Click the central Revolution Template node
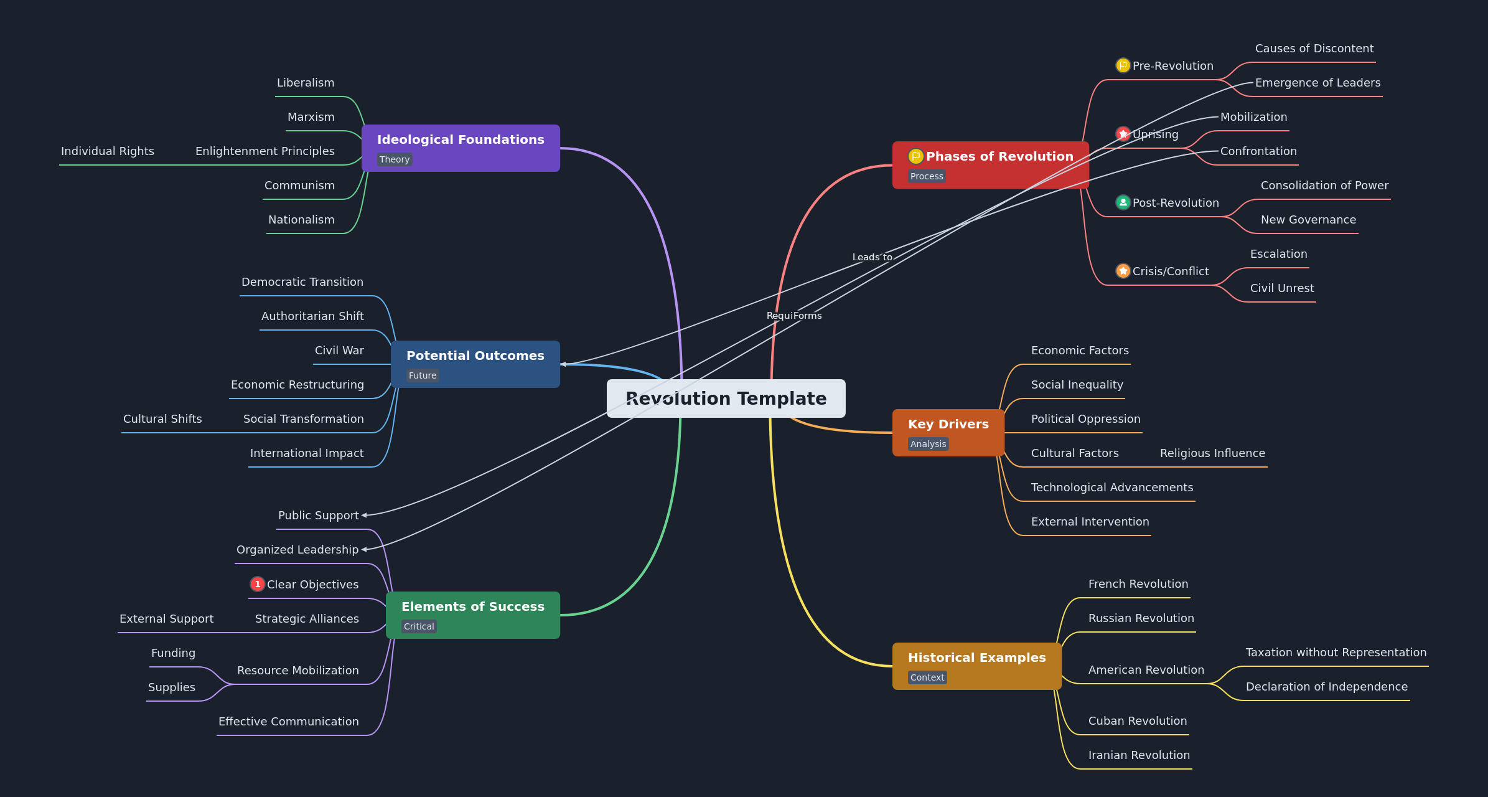pyautogui.click(x=726, y=398)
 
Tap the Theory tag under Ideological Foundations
pyautogui.click(x=395, y=159)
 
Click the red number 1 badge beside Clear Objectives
pyautogui.click(x=257, y=584)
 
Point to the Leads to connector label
pyautogui.click(x=872, y=257)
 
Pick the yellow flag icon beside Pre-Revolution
pyautogui.click(x=1123, y=65)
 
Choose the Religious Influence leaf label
pyautogui.click(x=1212, y=453)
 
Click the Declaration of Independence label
pyautogui.click(x=1326, y=687)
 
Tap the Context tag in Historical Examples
pyautogui.click(x=927, y=677)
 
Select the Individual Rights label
pyautogui.click(x=107, y=151)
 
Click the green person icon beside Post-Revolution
pyautogui.click(x=1123, y=202)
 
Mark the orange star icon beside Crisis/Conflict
pyautogui.click(x=1123, y=271)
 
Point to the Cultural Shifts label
pyautogui.click(x=162, y=419)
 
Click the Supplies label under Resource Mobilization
pyautogui.click(x=171, y=687)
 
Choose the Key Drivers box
pyautogui.click(x=948, y=432)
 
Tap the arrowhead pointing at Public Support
pyautogui.click(x=365, y=515)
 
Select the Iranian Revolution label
pyautogui.click(x=1138, y=755)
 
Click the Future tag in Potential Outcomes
pyautogui.click(x=423, y=375)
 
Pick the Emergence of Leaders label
pyautogui.click(x=1317, y=83)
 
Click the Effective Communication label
pyautogui.click(x=288, y=722)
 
